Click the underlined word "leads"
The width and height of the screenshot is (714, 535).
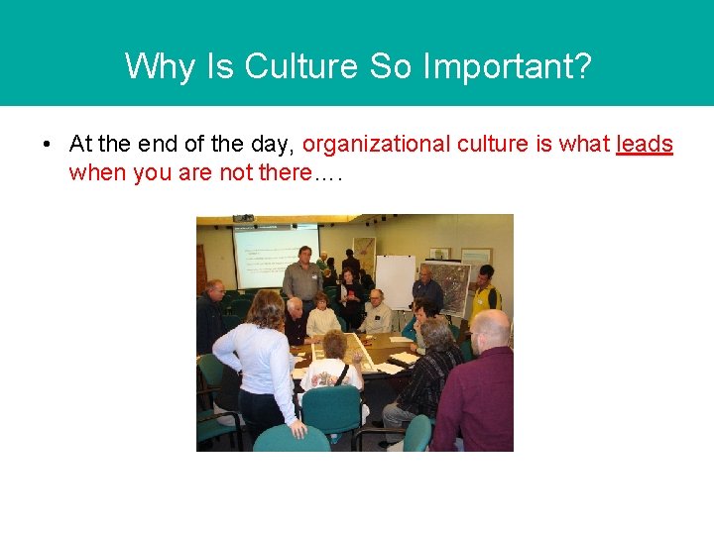click(644, 145)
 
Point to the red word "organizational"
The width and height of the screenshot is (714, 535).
click(375, 145)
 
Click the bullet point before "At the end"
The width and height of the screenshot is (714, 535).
click(48, 145)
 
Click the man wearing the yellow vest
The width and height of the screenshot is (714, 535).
click(484, 294)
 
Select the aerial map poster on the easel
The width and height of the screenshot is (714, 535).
click(450, 286)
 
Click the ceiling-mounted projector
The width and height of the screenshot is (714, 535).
click(244, 217)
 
